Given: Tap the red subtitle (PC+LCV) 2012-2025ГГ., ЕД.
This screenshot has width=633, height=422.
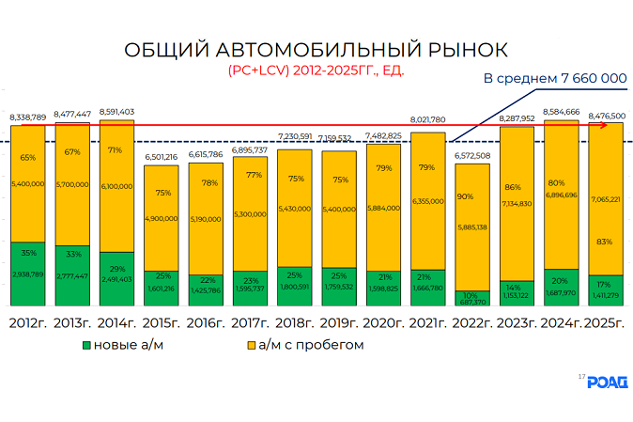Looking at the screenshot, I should click(316, 70).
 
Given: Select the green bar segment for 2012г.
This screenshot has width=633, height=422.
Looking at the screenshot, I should click(27, 274).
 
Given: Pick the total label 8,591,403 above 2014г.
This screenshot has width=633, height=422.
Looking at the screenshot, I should click(116, 110).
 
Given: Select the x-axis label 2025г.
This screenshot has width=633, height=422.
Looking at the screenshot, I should click(606, 323).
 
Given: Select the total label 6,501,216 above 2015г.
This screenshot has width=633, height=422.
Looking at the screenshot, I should click(162, 157).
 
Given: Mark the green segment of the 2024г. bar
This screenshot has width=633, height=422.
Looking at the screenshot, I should click(561, 288).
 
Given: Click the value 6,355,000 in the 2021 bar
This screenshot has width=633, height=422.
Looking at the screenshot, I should click(427, 200).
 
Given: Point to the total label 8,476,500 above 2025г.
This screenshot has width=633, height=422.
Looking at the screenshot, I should click(606, 116).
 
